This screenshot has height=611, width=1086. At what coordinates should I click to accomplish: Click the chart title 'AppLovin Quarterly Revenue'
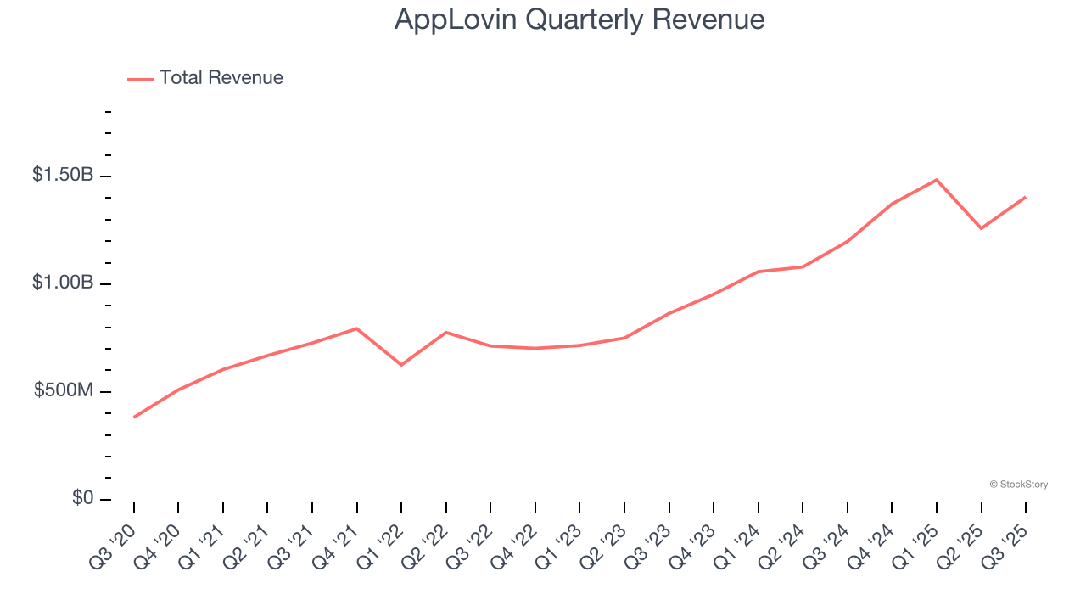579,20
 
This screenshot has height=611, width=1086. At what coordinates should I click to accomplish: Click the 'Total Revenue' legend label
221,78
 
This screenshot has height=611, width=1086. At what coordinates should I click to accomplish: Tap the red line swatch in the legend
140,79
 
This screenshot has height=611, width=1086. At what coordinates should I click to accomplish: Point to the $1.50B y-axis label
63,175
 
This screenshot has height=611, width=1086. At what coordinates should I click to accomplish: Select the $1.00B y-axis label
63,283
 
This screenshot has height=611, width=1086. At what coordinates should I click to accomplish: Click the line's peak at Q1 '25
937,180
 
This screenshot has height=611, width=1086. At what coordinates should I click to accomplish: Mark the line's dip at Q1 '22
401,365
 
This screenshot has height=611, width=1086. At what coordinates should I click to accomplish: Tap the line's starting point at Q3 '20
134,418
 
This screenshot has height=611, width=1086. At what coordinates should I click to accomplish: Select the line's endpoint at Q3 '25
1026,197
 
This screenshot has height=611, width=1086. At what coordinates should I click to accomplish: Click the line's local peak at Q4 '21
356,328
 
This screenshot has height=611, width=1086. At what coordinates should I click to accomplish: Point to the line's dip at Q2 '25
981,228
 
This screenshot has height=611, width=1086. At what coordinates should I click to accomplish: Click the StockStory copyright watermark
1018,485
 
